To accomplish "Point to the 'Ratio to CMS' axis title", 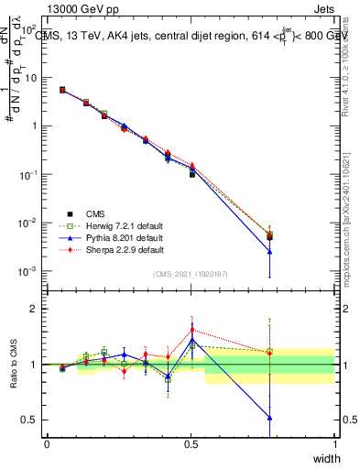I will (x=14, y=366).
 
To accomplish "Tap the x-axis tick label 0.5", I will (x=191, y=443).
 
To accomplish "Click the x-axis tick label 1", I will (x=334, y=443).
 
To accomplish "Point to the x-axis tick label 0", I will (x=47, y=443).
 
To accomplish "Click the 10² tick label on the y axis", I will (x=30, y=29).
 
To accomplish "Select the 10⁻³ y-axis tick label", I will (x=29, y=271).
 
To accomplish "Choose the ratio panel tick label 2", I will (x=36, y=309).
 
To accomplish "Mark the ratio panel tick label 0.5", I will (x=32, y=420).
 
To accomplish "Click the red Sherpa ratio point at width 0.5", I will (x=191, y=330).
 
